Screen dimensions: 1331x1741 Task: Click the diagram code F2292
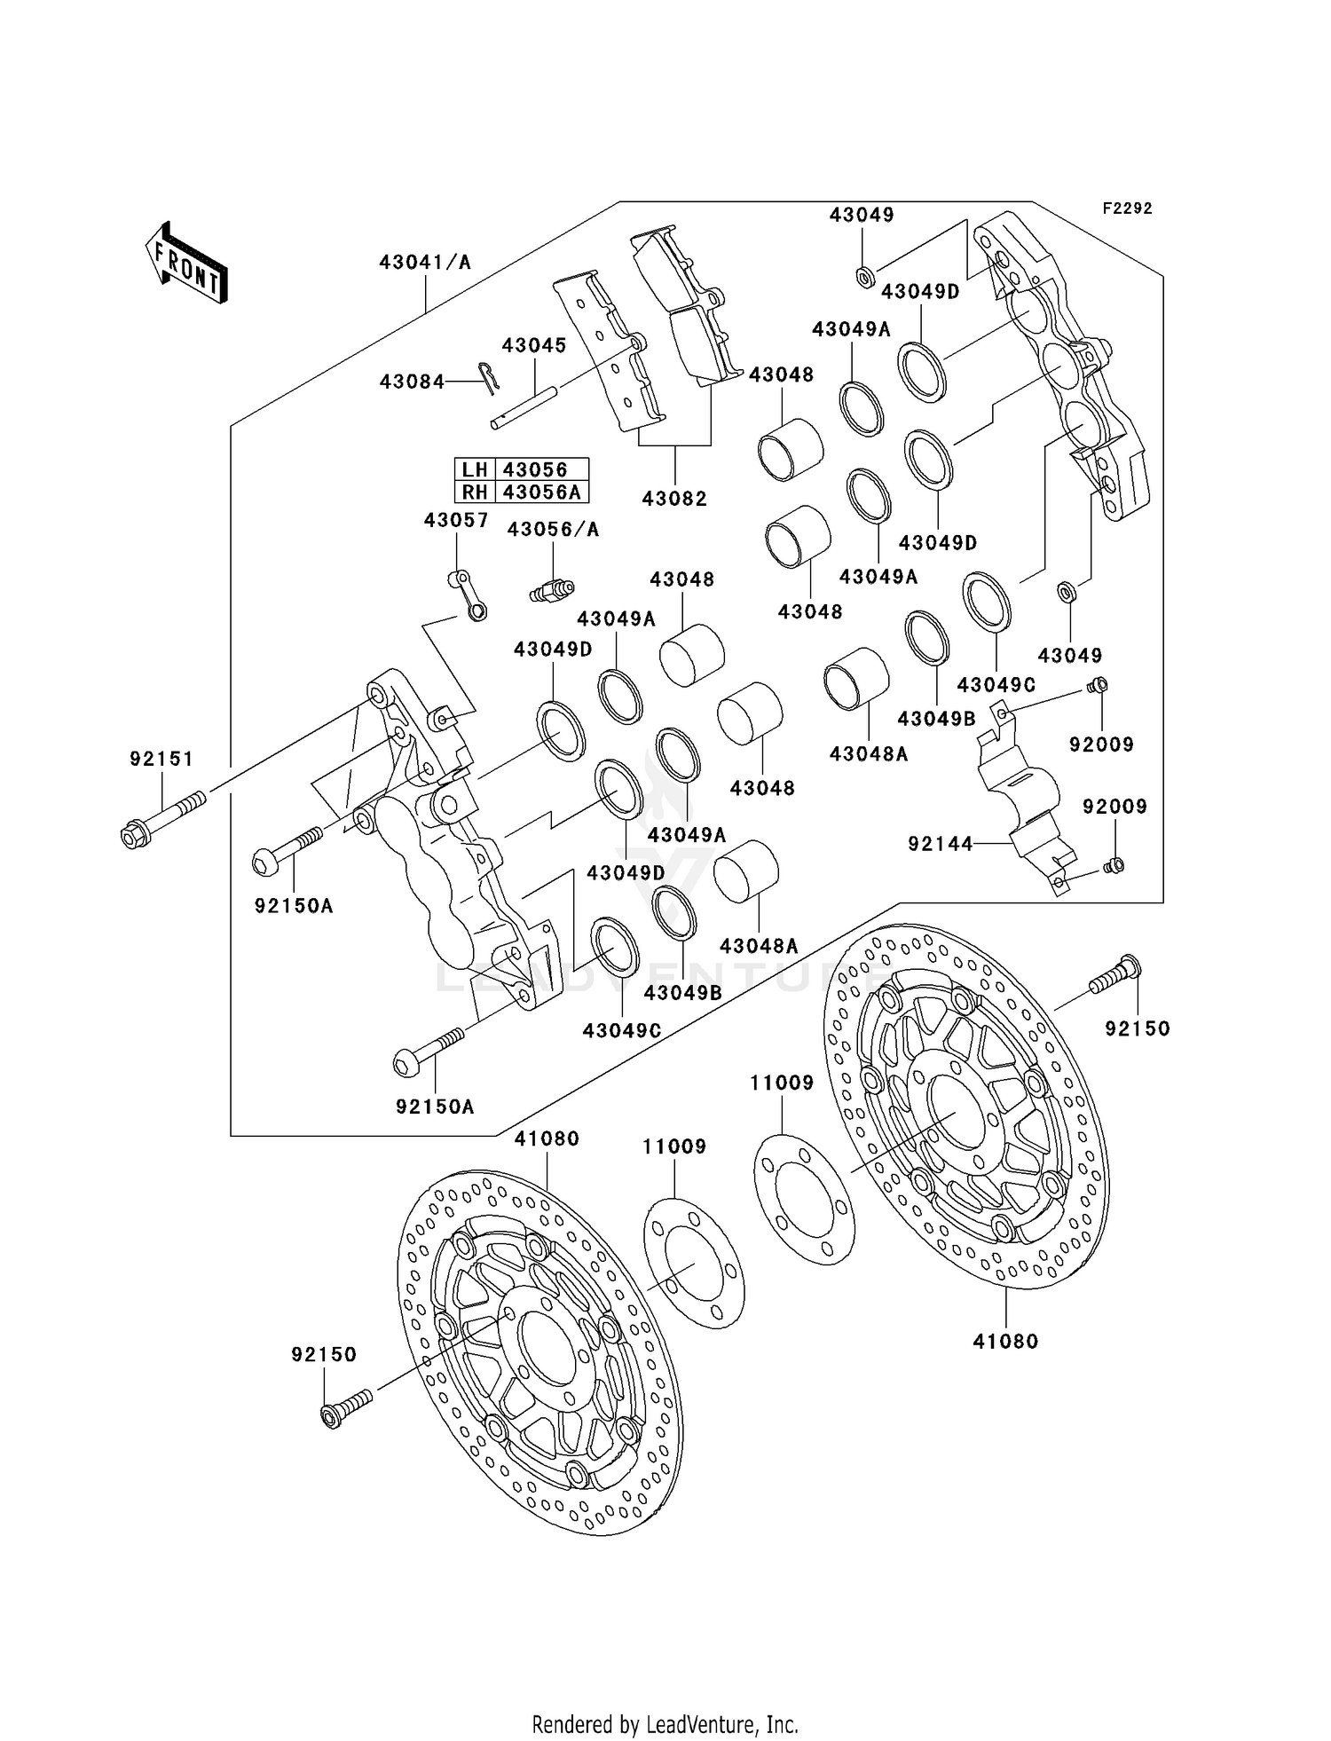pos(1127,209)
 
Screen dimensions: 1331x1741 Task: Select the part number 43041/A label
pos(425,263)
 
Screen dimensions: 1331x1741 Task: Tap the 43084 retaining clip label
pos(412,382)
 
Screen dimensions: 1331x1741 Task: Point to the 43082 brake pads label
pos(674,499)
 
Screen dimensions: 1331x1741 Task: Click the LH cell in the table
pos(475,470)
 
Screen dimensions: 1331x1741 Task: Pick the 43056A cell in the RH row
pos(540,492)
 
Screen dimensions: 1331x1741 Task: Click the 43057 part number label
pos(456,521)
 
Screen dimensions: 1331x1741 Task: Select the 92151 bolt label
pos(161,760)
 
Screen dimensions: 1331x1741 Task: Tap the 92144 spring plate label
pos(940,844)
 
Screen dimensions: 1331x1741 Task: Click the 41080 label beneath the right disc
pos(1005,1341)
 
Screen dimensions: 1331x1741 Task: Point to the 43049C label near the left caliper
pos(622,1031)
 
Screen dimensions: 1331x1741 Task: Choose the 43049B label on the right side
pos(936,719)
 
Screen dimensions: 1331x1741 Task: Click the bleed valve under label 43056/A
pos(552,589)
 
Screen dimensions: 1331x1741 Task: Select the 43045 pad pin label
pos(534,346)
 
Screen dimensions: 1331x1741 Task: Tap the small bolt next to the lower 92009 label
pos(1114,865)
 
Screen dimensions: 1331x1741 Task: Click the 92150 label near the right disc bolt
pos(1138,1028)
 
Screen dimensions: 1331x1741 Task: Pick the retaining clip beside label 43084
pos(487,376)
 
